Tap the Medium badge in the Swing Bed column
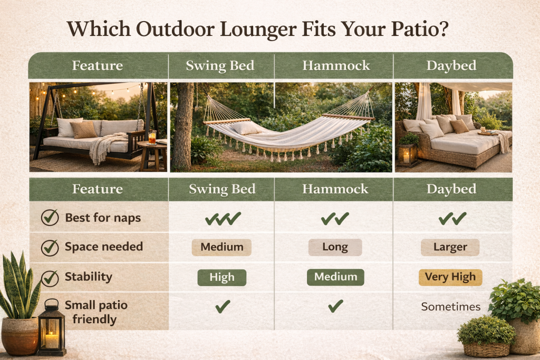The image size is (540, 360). tap(221, 247)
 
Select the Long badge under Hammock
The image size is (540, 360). tap(335, 247)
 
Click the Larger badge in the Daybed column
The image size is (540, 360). tap(450, 247)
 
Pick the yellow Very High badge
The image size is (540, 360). tap(450, 277)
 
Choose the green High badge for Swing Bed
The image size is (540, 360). tap(221, 277)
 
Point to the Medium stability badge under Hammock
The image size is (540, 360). tap(335, 277)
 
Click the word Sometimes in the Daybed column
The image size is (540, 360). tap(450, 307)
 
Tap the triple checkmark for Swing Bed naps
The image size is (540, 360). tap(223, 218)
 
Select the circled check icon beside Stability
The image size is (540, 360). tap(50, 277)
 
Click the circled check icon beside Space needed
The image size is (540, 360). tap(50, 247)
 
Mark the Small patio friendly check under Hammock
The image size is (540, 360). tap(335, 306)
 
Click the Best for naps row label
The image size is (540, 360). tap(103, 218)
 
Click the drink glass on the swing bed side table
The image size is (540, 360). tap(152, 137)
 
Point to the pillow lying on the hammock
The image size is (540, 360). tap(245, 128)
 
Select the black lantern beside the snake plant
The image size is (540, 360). tap(52, 328)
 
